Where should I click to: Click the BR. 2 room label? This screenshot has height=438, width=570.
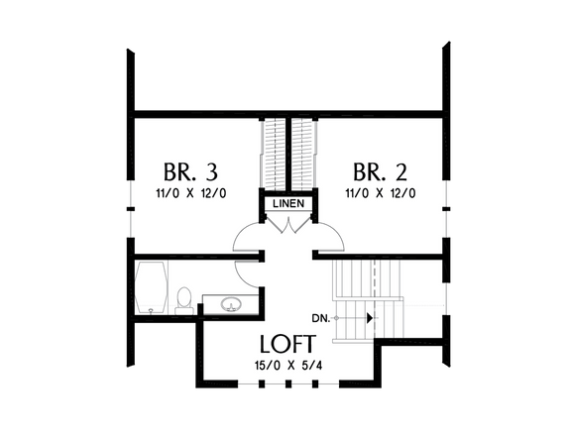[381, 168]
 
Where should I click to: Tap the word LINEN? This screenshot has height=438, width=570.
[287, 205]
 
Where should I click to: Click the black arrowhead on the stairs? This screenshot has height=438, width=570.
[369, 318]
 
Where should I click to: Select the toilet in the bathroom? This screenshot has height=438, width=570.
[183, 299]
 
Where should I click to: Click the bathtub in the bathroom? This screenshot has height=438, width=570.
[152, 288]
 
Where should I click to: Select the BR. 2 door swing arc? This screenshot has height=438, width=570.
[333, 238]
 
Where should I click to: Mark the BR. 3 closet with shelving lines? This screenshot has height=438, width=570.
[271, 154]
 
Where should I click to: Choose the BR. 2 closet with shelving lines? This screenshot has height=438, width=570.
[305, 154]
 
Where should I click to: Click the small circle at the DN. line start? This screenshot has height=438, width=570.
[336, 318]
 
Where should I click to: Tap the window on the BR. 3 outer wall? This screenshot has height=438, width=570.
[130, 209]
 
